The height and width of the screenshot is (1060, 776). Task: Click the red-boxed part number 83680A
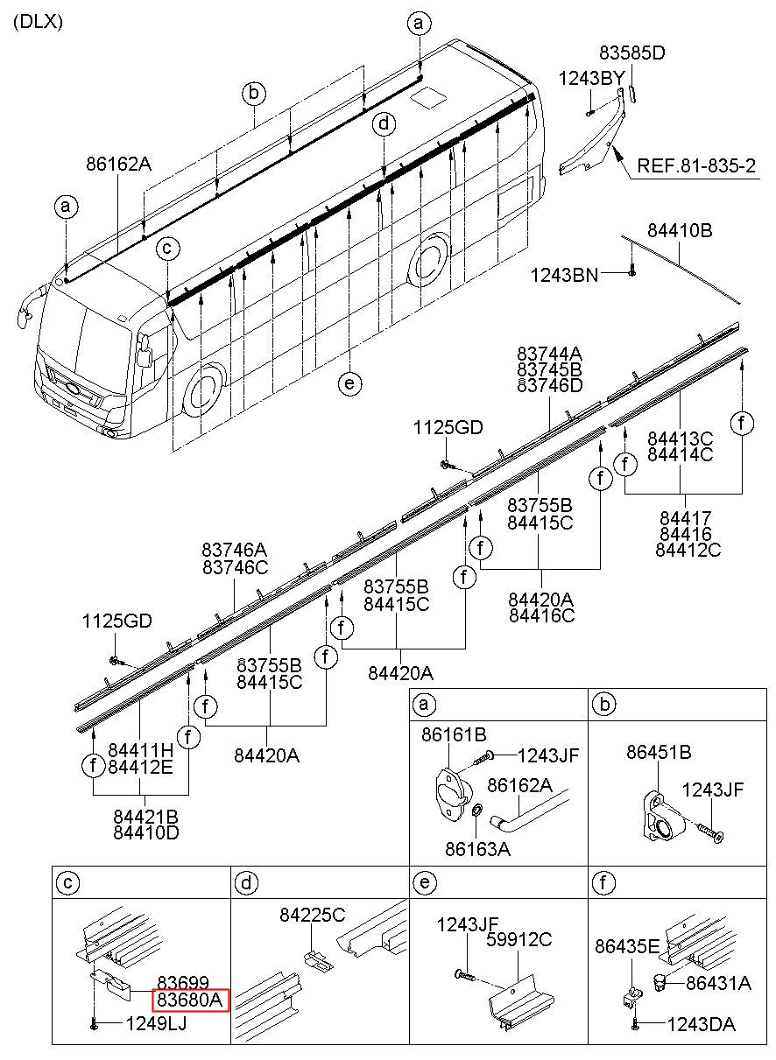point(191,1000)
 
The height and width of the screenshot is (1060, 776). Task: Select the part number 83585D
point(631,53)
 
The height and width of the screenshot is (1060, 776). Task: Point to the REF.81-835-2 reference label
point(696,166)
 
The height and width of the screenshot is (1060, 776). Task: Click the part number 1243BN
point(564,276)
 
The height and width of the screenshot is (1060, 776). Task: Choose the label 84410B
point(680,231)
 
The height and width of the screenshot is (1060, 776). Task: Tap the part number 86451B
point(659,753)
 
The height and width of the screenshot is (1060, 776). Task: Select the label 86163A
point(477,848)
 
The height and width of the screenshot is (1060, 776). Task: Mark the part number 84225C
point(313,916)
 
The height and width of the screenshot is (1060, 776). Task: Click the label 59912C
point(520,939)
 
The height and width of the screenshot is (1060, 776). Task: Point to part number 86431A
point(718,983)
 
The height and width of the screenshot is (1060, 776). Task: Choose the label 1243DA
point(701,1024)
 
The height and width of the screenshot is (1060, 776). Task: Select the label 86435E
point(627,946)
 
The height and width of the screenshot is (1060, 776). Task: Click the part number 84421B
point(145,816)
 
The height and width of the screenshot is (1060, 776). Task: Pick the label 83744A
point(549,355)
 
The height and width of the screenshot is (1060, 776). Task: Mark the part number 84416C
point(541,615)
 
